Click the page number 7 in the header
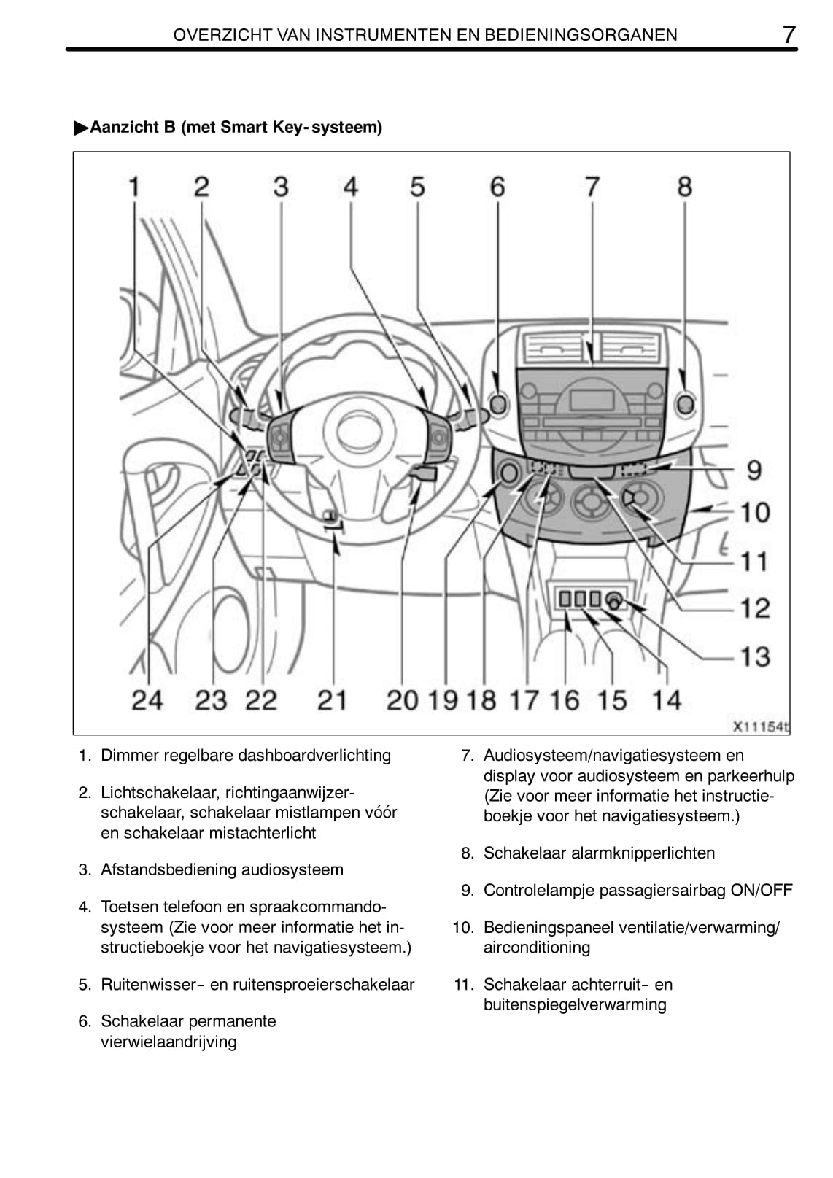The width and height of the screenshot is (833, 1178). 789,34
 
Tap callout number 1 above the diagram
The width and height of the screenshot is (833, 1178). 134,187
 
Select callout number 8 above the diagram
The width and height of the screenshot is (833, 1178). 684,187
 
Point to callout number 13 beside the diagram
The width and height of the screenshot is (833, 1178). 756,656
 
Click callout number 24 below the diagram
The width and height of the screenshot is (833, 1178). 147,700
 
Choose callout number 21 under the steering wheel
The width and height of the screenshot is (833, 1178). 332,700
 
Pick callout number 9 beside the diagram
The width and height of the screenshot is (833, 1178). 754,470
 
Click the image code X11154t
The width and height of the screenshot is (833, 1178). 761,726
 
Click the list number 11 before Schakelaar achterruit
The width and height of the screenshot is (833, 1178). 464,985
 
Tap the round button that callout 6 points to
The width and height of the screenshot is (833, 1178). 497,403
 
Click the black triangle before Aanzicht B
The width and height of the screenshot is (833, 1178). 80,128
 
